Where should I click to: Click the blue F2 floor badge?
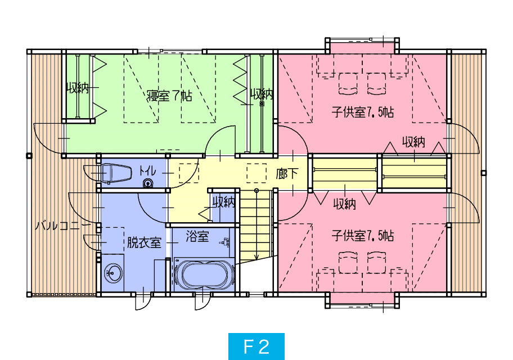[256, 346]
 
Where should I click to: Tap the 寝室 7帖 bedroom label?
[169, 96]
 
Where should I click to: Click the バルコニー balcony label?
[63, 226]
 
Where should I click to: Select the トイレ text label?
[147, 171]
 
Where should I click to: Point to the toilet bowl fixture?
[116, 173]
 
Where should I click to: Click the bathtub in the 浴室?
[205, 274]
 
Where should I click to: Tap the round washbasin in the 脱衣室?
[114, 273]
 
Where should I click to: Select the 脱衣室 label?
[144, 242]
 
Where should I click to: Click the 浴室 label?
[197, 236]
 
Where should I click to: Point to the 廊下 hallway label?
[287, 173]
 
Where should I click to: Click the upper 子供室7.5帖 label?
[362, 112]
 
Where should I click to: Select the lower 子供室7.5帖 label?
[362, 236]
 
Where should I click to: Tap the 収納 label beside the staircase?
[224, 202]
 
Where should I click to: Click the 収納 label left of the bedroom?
[78, 88]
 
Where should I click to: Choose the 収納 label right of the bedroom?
[262, 94]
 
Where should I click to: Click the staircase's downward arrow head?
[256, 258]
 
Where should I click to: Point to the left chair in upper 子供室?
[348, 84]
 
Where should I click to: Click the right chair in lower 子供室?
[376, 263]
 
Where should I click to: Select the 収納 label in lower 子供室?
[344, 204]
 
